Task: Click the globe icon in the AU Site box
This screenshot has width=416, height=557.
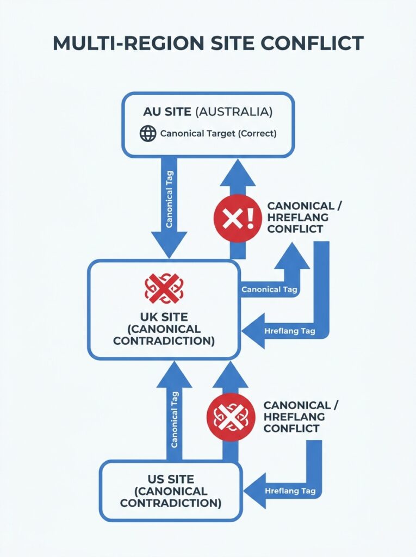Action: (x=148, y=133)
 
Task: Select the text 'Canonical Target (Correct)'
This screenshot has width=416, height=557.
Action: (x=219, y=133)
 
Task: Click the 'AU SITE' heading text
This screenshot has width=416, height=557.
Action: (x=167, y=112)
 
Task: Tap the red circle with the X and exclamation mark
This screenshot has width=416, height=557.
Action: (x=234, y=219)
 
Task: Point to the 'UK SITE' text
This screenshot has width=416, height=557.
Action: (x=164, y=317)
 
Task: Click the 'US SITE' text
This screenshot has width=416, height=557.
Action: (x=171, y=479)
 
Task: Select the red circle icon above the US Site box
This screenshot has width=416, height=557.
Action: (x=230, y=417)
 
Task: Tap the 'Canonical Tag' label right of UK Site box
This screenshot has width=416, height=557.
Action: (x=269, y=289)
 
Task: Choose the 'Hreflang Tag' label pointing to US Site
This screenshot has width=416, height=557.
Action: (x=290, y=491)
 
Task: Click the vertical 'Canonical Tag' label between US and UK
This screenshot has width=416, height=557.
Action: (x=175, y=419)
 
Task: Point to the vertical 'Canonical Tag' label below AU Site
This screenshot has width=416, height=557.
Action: (x=169, y=199)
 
